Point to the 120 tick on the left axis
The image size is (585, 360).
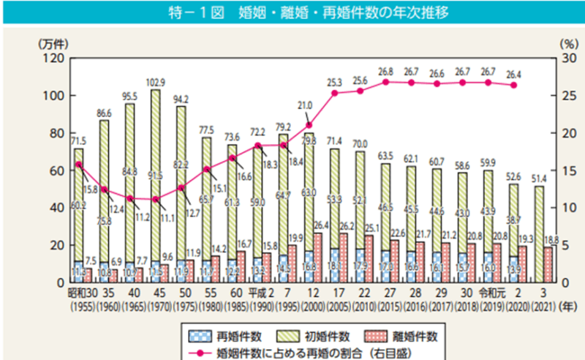[56, 58]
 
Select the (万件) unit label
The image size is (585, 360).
[52, 43]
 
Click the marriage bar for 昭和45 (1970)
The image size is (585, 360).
[155, 183]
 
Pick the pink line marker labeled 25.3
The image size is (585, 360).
[334, 93]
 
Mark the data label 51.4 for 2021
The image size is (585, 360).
[539, 178]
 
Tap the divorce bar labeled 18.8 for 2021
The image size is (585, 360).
[548, 264]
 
